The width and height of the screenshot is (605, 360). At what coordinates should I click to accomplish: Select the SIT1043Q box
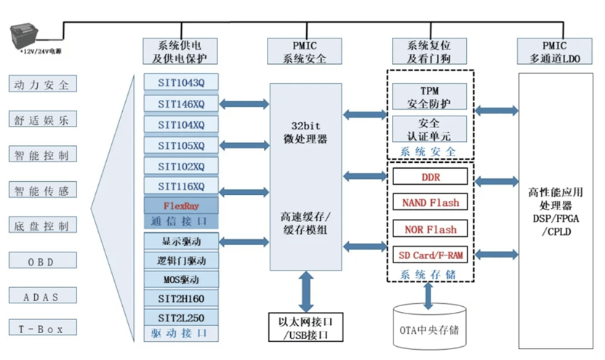[181, 83]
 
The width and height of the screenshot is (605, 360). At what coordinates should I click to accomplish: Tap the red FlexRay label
[181, 206]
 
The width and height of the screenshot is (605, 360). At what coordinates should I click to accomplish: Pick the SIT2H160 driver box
[181, 298]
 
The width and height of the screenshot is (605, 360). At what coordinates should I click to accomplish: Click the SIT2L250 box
[181, 318]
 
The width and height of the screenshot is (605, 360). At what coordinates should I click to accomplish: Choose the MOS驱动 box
[181, 279]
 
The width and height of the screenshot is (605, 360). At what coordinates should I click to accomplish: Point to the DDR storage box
[430, 177]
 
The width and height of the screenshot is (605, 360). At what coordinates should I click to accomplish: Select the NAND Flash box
[430, 203]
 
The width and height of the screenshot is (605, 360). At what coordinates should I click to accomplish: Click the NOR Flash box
[430, 229]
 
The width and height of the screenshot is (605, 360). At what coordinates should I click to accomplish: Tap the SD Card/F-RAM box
[430, 255]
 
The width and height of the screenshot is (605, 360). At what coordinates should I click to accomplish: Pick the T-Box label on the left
[44, 329]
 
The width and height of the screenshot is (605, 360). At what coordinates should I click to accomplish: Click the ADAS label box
[44, 296]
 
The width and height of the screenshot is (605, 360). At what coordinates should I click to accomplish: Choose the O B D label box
[44, 261]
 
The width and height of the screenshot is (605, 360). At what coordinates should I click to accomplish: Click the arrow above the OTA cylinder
[429, 294]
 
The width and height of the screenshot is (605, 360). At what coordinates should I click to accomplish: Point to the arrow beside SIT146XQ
[244, 104]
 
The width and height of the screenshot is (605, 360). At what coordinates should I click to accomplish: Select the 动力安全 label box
[44, 84]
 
